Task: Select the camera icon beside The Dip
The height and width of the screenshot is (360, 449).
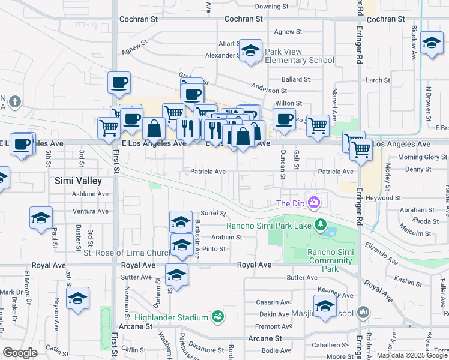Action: (x=313, y=203)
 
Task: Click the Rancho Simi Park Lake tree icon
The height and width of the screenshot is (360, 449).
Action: (x=321, y=225)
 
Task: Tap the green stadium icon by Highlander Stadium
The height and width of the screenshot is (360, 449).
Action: (x=218, y=316)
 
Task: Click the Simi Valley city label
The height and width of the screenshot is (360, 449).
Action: (x=78, y=180)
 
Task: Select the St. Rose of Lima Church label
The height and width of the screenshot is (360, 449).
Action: (x=127, y=253)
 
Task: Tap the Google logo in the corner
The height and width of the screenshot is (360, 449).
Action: (x=20, y=353)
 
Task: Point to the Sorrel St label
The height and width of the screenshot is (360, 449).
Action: (x=213, y=213)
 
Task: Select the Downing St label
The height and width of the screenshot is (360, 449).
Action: (x=272, y=7)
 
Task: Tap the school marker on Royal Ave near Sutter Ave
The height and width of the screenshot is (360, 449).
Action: (x=176, y=275)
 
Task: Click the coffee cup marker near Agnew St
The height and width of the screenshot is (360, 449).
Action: (x=119, y=82)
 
